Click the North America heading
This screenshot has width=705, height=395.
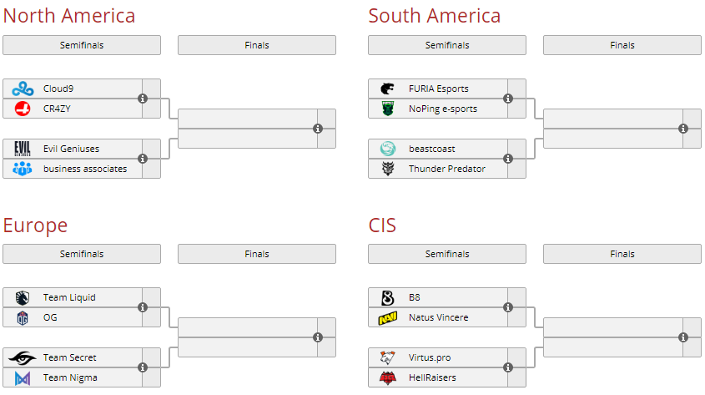pos(68,16)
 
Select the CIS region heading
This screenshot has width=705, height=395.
pos(382,225)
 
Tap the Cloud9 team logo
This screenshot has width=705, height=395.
pos(23,89)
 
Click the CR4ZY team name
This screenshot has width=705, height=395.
pos(58,109)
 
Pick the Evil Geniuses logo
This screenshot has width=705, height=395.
pos(23,149)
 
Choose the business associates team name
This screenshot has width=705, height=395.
pos(85,169)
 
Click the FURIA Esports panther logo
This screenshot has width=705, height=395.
pos(388,89)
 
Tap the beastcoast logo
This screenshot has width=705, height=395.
pos(388,149)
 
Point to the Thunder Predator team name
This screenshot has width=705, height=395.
pos(446,169)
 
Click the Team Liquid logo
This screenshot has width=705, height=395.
pos(23,297)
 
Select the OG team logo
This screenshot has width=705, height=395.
pos(23,317)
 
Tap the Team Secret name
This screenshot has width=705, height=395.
pos(70,357)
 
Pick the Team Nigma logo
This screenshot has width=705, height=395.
pos(23,377)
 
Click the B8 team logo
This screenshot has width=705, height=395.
pos(388,297)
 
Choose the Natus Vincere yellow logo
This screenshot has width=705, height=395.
pos(388,317)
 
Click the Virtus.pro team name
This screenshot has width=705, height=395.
pos(430,357)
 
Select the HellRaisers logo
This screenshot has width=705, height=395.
pos(388,377)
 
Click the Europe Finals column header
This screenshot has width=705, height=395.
pos(257,254)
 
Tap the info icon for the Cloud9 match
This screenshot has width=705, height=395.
pos(143,99)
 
